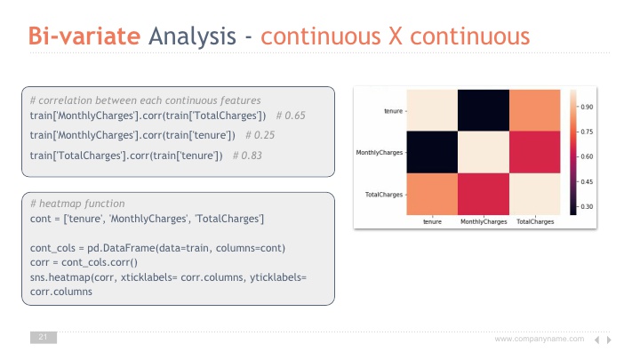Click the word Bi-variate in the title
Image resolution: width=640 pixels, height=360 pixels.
pyautogui.click(x=84, y=36)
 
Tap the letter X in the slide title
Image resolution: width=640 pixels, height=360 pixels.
pyautogui.click(x=395, y=36)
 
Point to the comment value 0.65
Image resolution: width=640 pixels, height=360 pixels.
pyautogui.click(x=295, y=116)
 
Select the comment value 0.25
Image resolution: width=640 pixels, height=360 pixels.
pyautogui.click(x=264, y=135)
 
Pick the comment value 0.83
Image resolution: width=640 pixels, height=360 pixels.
pyautogui.click(x=252, y=156)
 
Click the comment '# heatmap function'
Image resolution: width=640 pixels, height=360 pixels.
pyautogui.click(x=77, y=204)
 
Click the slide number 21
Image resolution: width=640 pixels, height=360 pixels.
pyautogui.click(x=43, y=337)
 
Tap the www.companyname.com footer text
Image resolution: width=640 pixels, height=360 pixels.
pyautogui.click(x=540, y=339)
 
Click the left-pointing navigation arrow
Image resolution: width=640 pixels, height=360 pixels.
pyautogui.click(x=596, y=340)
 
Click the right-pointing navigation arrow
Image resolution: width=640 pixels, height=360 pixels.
pyautogui.click(x=609, y=340)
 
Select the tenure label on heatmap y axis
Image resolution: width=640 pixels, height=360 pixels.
pyautogui.click(x=393, y=111)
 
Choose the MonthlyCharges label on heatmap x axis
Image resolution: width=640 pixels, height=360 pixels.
pyautogui.click(x=484, y=221)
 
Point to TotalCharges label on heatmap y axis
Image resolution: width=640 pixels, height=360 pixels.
pyautogui.click(x=384, y=195)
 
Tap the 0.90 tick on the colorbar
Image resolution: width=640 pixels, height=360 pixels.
pyautogui.click(x=587, y=107)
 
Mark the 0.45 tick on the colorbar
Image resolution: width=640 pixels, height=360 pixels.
pyautogui.click(x=587, y=181)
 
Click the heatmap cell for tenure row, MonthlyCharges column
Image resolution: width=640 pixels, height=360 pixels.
pyautogui.click(x=484, y=110)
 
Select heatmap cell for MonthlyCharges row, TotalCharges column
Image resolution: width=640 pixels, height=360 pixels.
pyautogui.click(x=535, y=152)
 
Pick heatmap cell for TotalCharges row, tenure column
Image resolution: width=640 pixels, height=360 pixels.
pyautogui.click(x=432, y=194)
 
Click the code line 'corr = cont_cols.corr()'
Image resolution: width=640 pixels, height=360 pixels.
pyautogui.click(x=84, y=262)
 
